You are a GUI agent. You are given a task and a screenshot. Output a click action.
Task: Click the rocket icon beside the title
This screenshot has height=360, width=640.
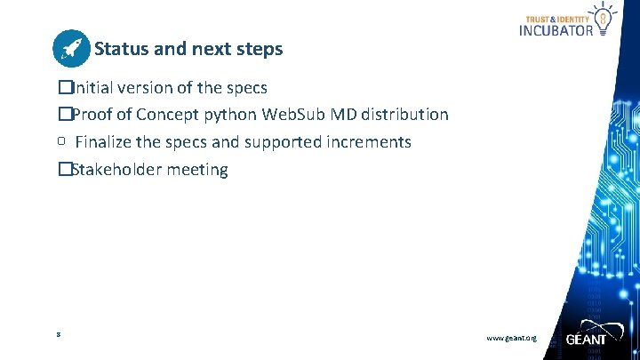tap(71, 49)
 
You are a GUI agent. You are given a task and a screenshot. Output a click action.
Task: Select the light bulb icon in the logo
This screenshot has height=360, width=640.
tap(604, 17)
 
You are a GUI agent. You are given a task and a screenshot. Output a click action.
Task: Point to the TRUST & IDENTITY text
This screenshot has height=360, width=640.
tap(559, 18)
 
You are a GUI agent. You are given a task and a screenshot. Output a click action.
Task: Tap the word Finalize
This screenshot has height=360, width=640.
tap(106, 142)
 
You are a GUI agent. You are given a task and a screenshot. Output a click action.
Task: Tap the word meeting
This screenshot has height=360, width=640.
tap(197, 169)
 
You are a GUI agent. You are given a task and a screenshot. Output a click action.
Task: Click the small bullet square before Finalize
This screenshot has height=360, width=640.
tap(62, 140)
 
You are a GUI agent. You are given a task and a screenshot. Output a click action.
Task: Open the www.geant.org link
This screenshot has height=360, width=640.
tap(511, 339)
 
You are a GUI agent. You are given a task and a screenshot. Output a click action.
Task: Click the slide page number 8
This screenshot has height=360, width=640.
tap(57, 334)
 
